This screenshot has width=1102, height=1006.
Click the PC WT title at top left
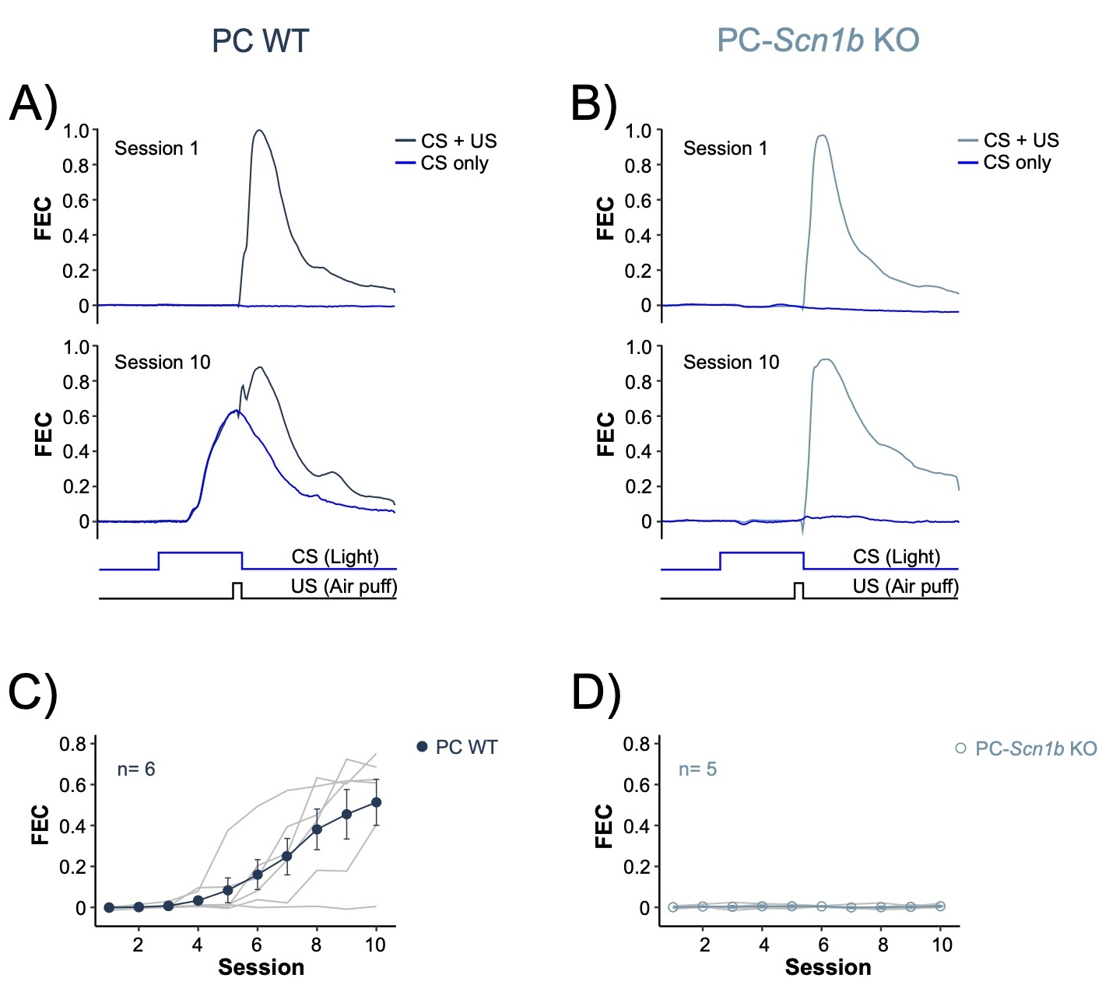point(260,40)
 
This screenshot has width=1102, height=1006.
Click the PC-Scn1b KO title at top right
point(817,40)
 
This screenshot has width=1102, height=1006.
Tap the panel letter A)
point(33,103)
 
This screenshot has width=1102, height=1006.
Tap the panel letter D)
point(596,692)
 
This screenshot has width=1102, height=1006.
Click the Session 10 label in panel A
point(163,363)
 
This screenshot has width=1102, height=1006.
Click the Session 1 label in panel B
point(725,149)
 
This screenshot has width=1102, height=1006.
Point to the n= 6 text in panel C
point(136,769)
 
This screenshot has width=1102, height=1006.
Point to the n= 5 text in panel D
point(697,769)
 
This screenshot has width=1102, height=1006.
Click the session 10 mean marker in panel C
point(377,802)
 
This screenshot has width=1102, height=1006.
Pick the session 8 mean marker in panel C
point(317,829)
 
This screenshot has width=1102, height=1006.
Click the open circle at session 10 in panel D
point(940,906)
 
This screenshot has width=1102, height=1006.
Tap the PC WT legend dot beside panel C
point(423,747)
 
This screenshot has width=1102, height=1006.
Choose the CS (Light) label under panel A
point(335,557)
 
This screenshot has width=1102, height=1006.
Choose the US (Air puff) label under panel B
point(905,587)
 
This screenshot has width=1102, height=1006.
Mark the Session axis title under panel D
point(827,967)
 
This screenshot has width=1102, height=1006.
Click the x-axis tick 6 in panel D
point(823,945)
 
